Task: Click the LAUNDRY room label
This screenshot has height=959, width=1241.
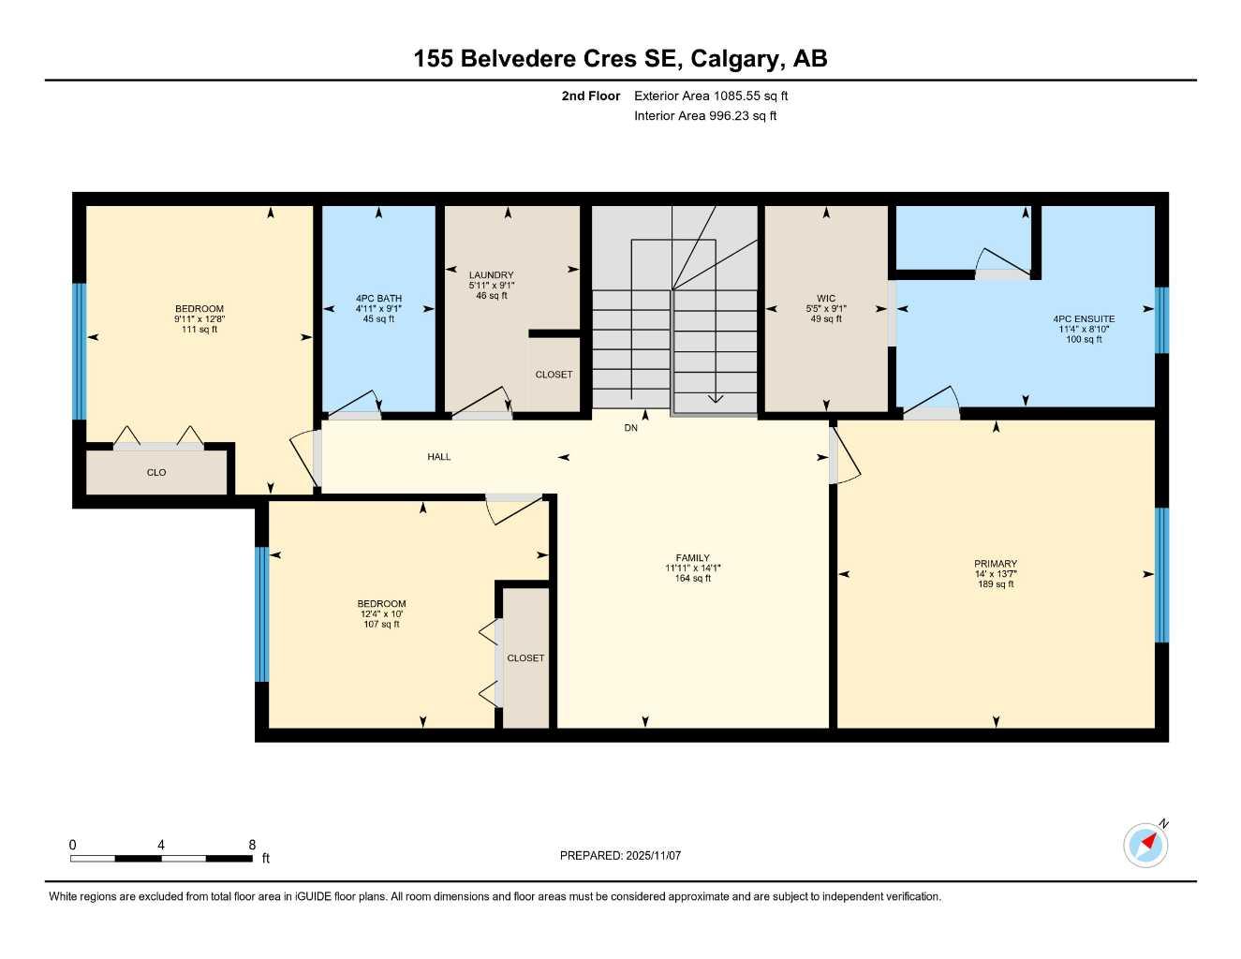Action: coord(491,275)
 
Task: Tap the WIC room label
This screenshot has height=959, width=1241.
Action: coord(825,299)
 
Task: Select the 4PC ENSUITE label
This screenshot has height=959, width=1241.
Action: coord(1083,319)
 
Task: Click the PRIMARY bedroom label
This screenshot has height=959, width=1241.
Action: coord(995,565)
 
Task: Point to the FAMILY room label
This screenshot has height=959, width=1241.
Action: coord(692,558)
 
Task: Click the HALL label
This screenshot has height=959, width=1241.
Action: coord(438,457)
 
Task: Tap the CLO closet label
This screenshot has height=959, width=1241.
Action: coord(156,473)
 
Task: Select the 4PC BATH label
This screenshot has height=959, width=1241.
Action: coord(378,299)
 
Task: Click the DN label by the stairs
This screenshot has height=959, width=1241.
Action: coord(630,428)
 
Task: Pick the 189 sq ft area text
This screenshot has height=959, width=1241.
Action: coord(995,584)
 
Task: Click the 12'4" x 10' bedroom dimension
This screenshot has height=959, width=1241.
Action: coord(381,614)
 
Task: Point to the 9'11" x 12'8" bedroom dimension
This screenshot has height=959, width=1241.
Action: coord(199,319)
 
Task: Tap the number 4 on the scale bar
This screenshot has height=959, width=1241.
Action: coord(161,845)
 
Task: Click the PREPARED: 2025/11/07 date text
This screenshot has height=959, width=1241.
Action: coord(620,855)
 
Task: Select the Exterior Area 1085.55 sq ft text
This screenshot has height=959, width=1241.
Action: coord(711,96)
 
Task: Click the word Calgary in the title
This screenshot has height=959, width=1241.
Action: coord(736,59)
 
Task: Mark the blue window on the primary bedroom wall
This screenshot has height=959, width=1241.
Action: coord(1161,574)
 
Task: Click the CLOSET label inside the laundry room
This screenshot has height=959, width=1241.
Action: coord(554,375)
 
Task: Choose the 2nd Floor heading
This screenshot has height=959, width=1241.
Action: coord(590,96)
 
